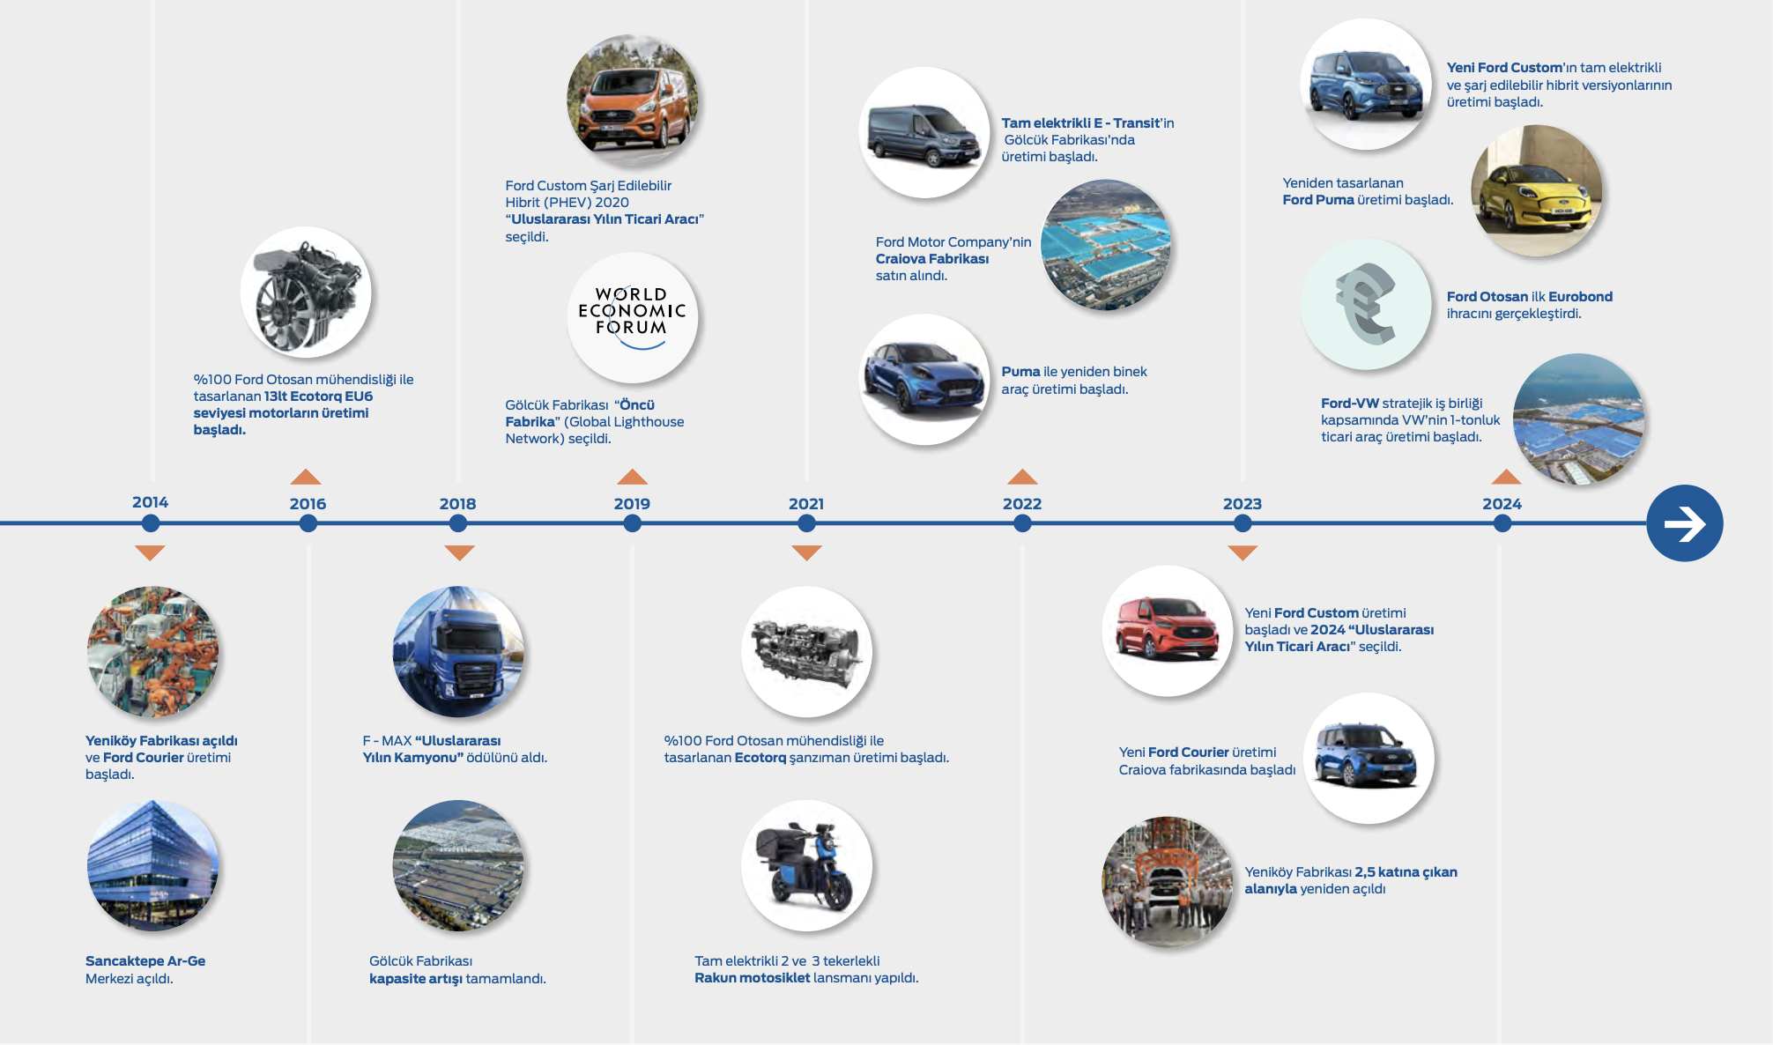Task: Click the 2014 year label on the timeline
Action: [x=150, y=502]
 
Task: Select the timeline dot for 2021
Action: [x=806, y=523]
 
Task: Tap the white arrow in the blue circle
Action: [x=1684, y=523]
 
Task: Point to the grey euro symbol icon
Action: [x=1366, y=304]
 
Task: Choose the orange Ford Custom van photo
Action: [x=632, y=100]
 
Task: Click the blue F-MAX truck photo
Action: [x=458, y=652]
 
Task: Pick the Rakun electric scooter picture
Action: [x=806, y=865]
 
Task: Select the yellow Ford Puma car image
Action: [x=1536, y=190]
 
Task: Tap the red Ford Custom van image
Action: [x=1167, y=631]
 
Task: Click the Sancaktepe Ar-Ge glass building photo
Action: [x=152, y=865]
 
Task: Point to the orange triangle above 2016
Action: [x=306, y=477]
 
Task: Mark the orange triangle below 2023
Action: [x=1242, y=553]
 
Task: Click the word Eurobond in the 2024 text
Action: [x=1580, y=297]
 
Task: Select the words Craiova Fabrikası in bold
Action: [x=931, y=259]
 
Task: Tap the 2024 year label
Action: [x=1502, y=504]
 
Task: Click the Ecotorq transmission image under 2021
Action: [x=806, y=652]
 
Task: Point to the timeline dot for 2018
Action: [x=457, y=523]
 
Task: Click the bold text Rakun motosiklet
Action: [x=752, y=978]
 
